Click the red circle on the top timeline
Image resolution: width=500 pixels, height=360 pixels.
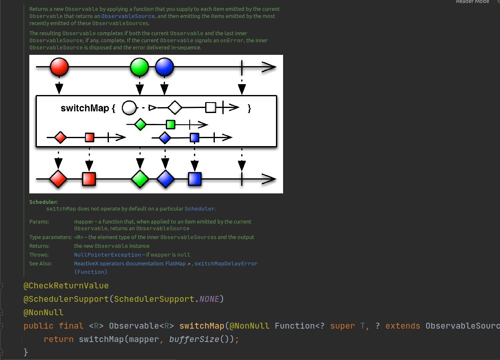(x=59, y=67)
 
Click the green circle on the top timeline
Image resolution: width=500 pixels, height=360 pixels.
(x=139, y=67)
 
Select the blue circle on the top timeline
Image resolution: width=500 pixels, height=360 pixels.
(x=164, y=67)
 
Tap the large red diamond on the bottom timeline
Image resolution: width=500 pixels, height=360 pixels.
(x=58, y=179)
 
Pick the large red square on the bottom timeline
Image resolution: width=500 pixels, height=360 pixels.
(x=89, y=179)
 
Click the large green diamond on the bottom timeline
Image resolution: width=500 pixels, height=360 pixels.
(x=140, y=179)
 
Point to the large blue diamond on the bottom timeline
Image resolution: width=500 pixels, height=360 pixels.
(x=165, y=179)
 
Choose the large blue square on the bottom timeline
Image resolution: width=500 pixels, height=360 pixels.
(x=195, y=179)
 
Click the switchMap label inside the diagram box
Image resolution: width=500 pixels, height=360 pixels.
(x=85, y=108)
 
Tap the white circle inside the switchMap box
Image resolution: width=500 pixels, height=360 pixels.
(x=129, y=108)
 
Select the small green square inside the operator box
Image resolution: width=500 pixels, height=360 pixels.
(x=170, y=124)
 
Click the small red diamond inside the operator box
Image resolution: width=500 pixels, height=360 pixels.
(x=60, y=137)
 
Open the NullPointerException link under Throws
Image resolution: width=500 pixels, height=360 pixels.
(x=108, y=255)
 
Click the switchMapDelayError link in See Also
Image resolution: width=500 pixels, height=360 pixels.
(x=226, y=263)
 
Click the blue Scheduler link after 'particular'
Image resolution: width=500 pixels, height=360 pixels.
(x=200, y=208)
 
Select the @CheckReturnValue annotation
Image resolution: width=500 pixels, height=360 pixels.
(x=66, y=286)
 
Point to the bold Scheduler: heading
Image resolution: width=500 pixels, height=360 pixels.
(x=44, y=202)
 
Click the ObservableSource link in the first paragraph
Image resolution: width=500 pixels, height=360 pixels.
(x=128, y=16)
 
